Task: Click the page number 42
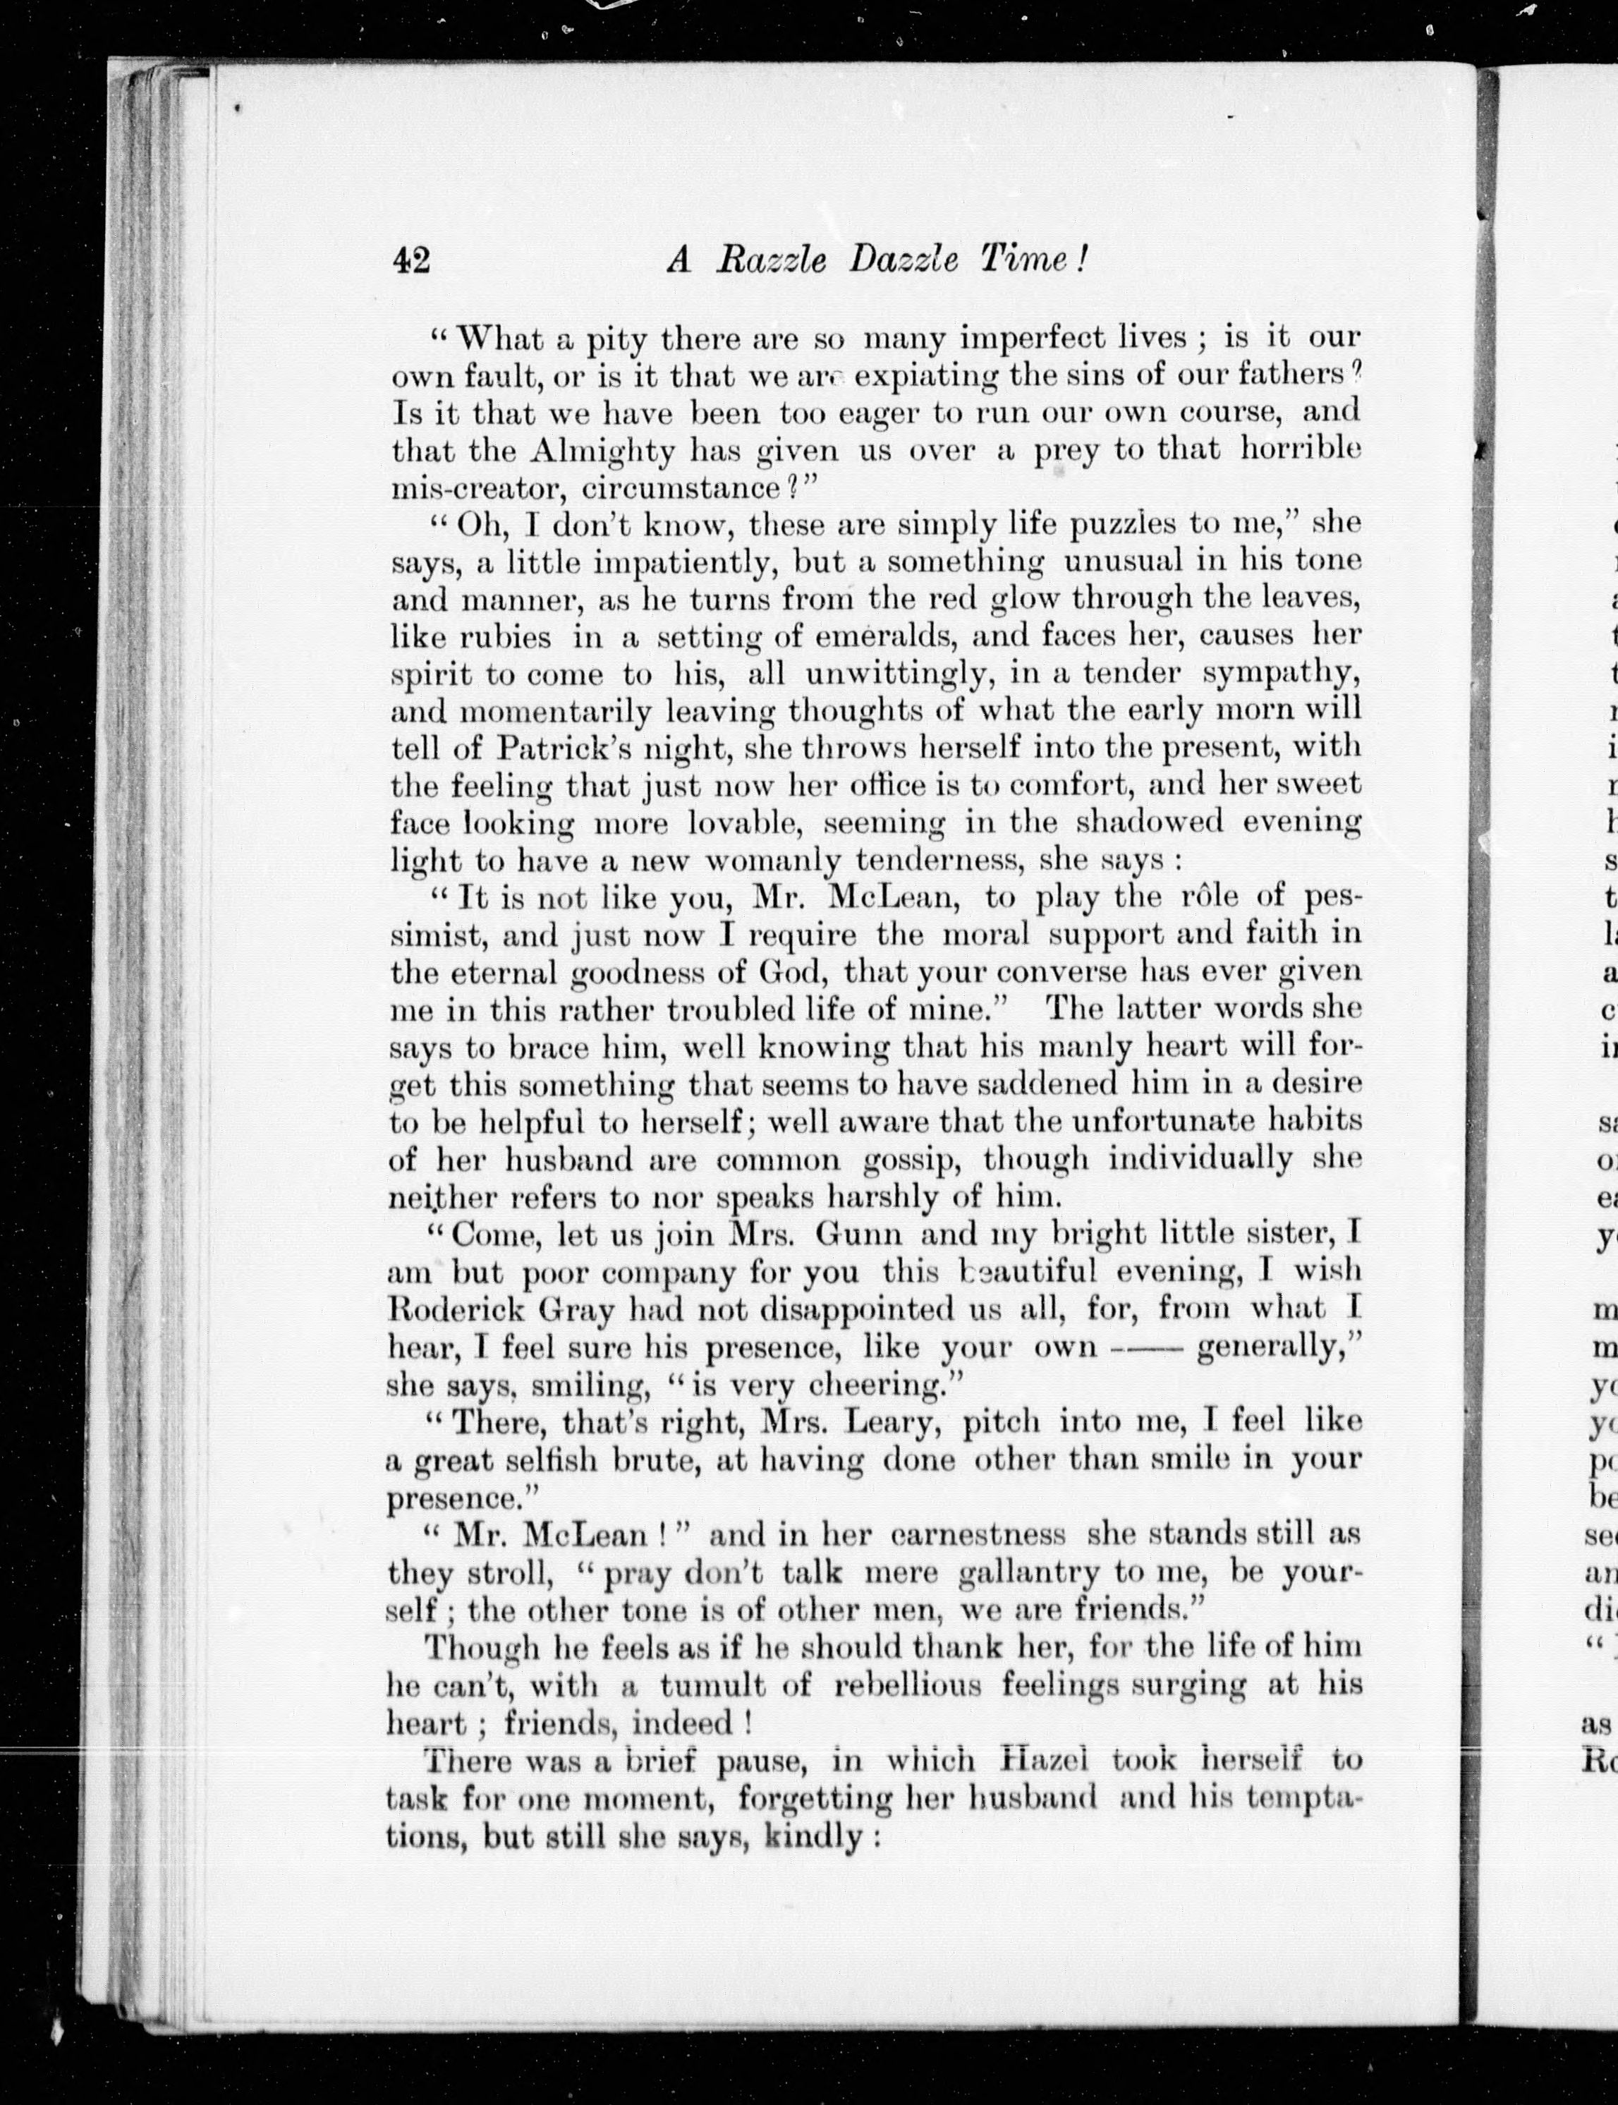click(411, 261)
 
